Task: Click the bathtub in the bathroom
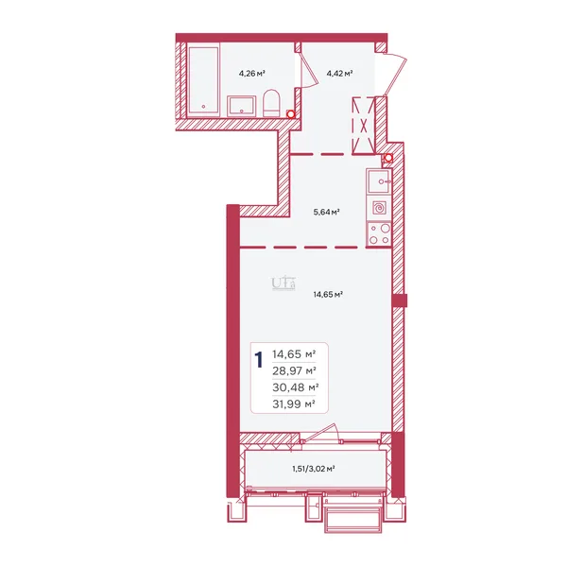(203, 79)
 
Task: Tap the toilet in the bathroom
(271, 103)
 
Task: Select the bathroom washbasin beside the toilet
(241, 106)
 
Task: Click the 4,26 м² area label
(252, 74)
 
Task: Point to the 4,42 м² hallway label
(339, 74)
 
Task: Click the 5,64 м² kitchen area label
(326, 212)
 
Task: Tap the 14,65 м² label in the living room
(328, 294)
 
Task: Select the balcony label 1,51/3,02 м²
(313, 469)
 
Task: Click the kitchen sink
(379, 181)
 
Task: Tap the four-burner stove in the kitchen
(379, 234)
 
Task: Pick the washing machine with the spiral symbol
(379, 208)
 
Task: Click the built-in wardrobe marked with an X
(364, 126)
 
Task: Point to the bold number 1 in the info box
(259, 360)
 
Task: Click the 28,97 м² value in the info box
(294, 371)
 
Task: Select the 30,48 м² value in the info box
(296, 387)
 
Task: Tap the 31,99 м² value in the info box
(294, 404)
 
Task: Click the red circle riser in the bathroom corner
(290, 114)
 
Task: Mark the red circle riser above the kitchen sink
(388, 158)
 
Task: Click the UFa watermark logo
(283, 283)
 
